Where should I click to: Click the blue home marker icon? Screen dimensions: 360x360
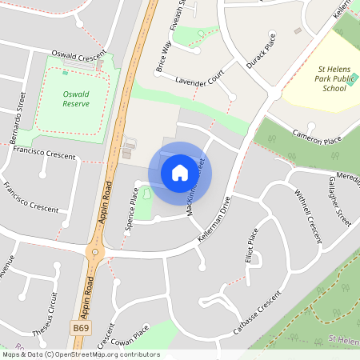(180, 173)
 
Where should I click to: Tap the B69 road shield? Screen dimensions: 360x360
(81, 327)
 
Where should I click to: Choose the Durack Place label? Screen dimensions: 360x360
(261, 50)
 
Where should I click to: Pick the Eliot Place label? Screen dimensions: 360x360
(253, 247)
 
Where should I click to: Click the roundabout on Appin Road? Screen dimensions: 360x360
(96, 253)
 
